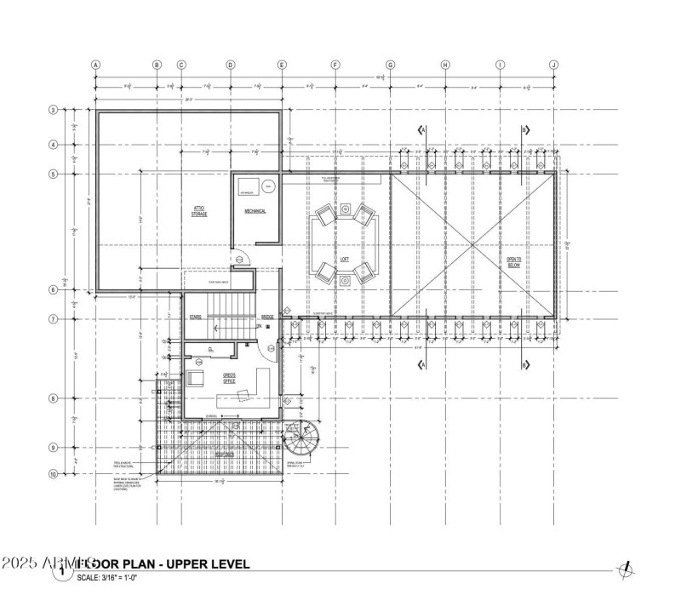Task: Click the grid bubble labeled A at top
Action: (96, 64)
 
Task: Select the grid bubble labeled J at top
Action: (553, 64)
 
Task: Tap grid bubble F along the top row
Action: (335, 64)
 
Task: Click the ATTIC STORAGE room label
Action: (199, 211)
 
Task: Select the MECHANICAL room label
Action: (256, 210)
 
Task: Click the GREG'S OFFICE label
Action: (230, 378)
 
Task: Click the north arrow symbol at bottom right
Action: (627, 569)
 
